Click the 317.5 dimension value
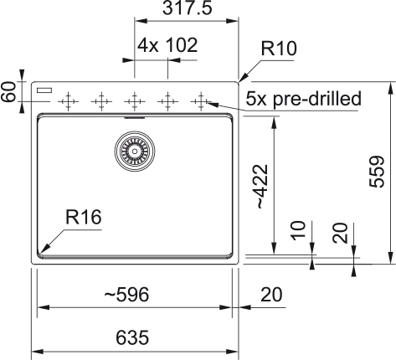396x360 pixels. pyautogui.click(x=188, y=8)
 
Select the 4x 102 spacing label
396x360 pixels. pyautogui.click(x=167, y=45)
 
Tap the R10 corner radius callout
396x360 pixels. pyautogui.click(x=279, y=48)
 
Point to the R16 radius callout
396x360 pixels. pyautogui.click(x=84, y=217)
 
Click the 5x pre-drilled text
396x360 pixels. pyautogui.click(x=303, y=98)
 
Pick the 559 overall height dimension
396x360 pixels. pyautogui.click(x=377, y=172)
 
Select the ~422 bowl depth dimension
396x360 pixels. pyautogui.click(x=262, y=186)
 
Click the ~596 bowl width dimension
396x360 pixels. pyautogui.click(x=126, y=295)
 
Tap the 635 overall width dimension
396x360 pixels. pyautogui.click(x=132, y=337)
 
